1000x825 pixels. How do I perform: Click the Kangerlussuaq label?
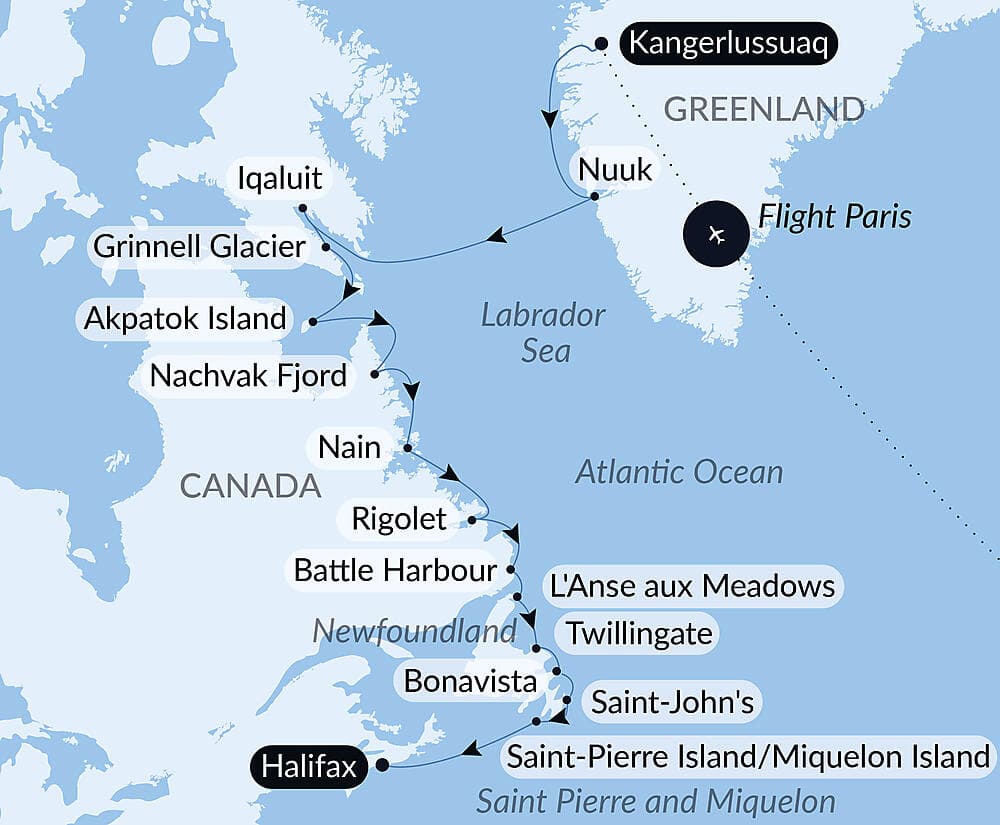click(x=728, y=46)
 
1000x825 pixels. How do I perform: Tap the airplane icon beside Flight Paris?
click(x=714, y=234)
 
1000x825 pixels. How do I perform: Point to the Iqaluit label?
click(x=280, y=179)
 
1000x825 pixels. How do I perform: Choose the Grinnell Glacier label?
click(x=199, y=245)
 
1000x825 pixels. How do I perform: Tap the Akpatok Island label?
click(x=186, y=320)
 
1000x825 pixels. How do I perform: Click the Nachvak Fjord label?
click(x=248, y=376)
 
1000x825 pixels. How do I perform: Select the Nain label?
click(x=349, y=446)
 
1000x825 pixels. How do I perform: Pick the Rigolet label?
click(x=399, y=519)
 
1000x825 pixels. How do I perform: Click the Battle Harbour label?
click(x=395, y=570)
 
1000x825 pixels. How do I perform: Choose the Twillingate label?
click(x=639, y=633)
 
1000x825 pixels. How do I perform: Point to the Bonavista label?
click(x=470, y=682)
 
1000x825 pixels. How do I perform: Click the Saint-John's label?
click(x=672, y=702)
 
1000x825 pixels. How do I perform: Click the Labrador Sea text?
click(x=543, y=332)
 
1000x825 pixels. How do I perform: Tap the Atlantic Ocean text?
click(x=679, y=472)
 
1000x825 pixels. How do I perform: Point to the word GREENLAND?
click(x=764, y=109)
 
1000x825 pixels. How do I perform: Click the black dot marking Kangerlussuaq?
click(x=602, y=43)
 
